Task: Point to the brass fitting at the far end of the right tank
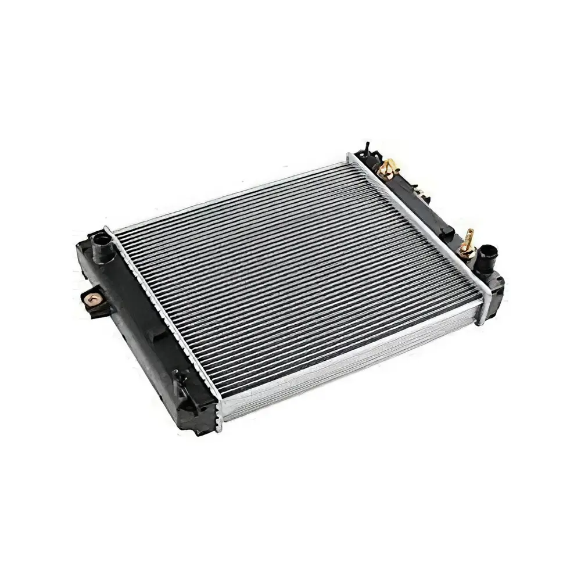pyautogui.click(x=384, y=170)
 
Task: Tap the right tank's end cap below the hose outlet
pyautogui.click(x=494, y=290)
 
